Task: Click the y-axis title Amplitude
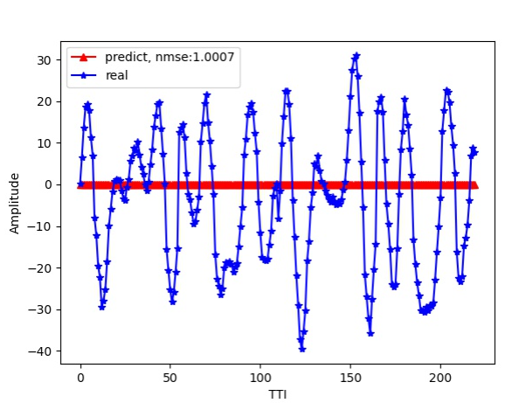(x=15, y=203)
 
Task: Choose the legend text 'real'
(x=116, y=76)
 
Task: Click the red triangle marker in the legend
(x=85, y=58)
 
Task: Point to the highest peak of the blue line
(x=356, y=55)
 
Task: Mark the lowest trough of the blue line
(x=302, y=349)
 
